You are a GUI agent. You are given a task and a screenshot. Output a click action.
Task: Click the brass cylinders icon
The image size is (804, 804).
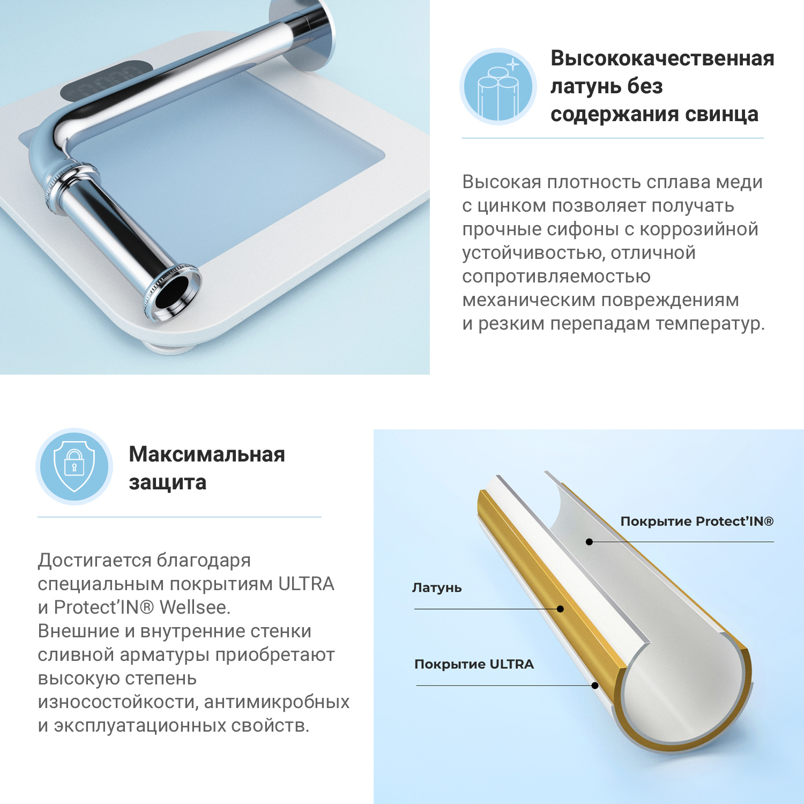[498, 87]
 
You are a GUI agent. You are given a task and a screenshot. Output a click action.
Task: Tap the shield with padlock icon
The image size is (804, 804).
[74, 466]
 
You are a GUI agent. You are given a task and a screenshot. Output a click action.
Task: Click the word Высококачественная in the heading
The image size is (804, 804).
[662, 58]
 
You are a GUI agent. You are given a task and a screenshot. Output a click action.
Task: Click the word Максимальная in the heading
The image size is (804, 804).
[207, 455]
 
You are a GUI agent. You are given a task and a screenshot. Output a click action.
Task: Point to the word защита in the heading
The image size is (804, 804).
[167, 482]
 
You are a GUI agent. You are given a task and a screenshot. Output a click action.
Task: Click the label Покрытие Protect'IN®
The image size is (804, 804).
[696, 522]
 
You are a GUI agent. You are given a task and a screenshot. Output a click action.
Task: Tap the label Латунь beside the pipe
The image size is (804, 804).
[436, 588]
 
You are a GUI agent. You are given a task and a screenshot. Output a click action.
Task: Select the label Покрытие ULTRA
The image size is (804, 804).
[474, 665]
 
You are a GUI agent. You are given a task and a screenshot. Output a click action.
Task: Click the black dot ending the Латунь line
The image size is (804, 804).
[560, 609]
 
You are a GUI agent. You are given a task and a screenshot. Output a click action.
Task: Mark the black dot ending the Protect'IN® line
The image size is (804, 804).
[589, 542]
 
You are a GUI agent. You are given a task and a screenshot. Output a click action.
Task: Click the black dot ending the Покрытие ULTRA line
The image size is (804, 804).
[595, 686]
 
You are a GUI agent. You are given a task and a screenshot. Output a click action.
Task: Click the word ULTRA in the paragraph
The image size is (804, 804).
[306, 584]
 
